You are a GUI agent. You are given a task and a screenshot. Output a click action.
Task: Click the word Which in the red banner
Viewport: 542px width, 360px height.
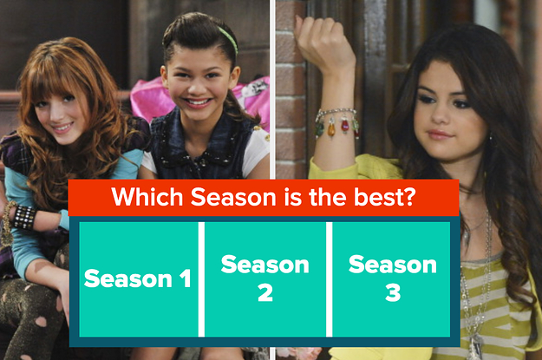pyautogui.click(x=147, y=197)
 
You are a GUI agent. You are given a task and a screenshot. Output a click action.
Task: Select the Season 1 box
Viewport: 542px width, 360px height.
pyautogui.click(x=139, y=279)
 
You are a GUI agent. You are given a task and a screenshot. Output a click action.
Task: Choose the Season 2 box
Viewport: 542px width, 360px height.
pyautogui.click(x=265, y=279)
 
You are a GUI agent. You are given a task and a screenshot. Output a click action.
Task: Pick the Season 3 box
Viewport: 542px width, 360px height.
pyautogui.click(x=391, y=279)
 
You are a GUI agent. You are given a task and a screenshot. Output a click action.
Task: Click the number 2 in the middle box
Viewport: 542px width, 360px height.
pyautogui.click(x=265, y=292)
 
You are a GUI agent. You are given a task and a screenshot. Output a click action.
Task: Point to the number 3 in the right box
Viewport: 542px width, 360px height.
pyautogui.click(x=393, y=292)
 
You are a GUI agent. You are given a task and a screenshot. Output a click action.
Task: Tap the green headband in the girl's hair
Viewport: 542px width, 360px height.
pyautogui.click(x=229, y=39)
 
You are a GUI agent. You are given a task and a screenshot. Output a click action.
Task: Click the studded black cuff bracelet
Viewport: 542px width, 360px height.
pyautogui.click(x=24, y=218)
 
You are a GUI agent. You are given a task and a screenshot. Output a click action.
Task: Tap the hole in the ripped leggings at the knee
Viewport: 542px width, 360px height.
pyautogui.click(x=41, y=322)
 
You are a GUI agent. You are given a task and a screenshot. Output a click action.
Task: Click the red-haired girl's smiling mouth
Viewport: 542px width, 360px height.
pyautogui.click(x=63, y=128)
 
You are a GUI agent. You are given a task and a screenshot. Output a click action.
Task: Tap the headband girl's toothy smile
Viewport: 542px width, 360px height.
pyautogui.click(x=197, y=102)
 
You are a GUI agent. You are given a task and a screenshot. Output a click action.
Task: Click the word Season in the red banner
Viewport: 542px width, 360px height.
pyautogui.click(x=233, y=197)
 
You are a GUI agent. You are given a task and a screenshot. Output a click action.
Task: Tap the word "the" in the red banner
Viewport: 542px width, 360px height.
pyautogui.click(x=328, y=197)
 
